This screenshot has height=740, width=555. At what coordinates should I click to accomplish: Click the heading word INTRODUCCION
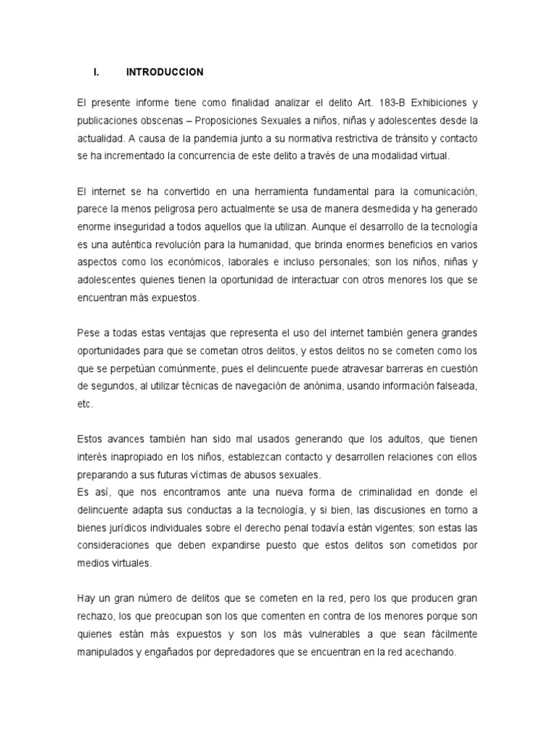[x=165, y=72]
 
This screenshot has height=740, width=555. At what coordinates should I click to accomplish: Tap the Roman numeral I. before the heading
[x=96, y=72]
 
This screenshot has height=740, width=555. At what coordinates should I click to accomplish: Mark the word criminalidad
[x=352, y=492]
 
